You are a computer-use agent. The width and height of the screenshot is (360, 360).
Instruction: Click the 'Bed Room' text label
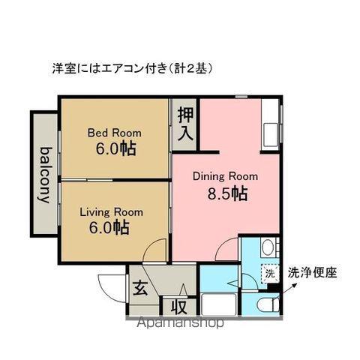click(x=114, y=133)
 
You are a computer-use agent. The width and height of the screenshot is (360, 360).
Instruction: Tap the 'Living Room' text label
click(x=112, y=211)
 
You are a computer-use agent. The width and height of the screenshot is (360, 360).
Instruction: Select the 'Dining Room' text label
click(x=225, y=177)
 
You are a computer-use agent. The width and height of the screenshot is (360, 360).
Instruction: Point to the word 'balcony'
click(x=45, y=175)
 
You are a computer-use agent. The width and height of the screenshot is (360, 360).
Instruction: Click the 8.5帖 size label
click(x=227, y=194)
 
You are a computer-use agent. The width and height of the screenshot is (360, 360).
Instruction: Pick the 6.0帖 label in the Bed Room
click(x=115, y=148)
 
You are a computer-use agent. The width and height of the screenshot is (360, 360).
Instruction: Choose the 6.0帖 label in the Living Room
click(x=112, y=228)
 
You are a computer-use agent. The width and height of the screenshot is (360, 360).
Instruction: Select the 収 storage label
click(x=178, y=306)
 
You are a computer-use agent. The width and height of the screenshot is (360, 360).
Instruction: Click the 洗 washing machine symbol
click(x=269, y=274)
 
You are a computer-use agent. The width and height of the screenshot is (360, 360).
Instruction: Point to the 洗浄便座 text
click(x=312, y=274)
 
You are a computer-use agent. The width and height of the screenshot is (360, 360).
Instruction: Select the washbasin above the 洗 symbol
click(x=268, y=250)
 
